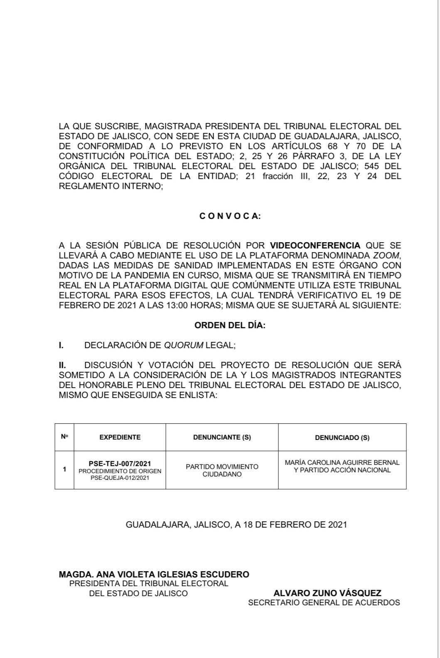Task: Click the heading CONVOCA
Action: click(x=230, y=216)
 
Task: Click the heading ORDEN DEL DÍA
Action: click(x=230, y=325)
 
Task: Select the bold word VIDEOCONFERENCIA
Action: click(x=315, y=246)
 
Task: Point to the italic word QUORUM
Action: click(x=184, y=345)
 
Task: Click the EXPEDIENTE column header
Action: click(x=120, y=437)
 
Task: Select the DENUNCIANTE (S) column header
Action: click(x=222, y=437)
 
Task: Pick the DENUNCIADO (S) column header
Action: click(x=342, y=437)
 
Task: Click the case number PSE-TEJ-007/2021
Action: click(x=120, y=464)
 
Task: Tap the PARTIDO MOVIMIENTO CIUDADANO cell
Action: click(x=222, y=470)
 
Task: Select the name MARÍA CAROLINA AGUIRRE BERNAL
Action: click(x=342, y=462)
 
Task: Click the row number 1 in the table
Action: click(x=64, y=469)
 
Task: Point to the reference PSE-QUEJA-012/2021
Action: click(x=120, y=478)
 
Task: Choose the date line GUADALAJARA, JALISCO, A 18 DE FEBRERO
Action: click(x=236, y=525)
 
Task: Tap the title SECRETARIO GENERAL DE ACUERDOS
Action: click(x=324, y=602)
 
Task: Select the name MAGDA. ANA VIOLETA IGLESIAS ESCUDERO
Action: click(x=154, y=575)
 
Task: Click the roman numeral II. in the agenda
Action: click(x=63, y=365)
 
